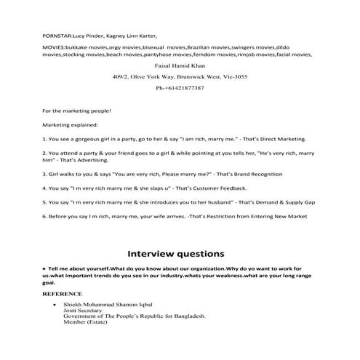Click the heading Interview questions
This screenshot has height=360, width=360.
tap(176, 254)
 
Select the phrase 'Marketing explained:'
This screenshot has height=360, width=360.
tap(67, 124)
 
